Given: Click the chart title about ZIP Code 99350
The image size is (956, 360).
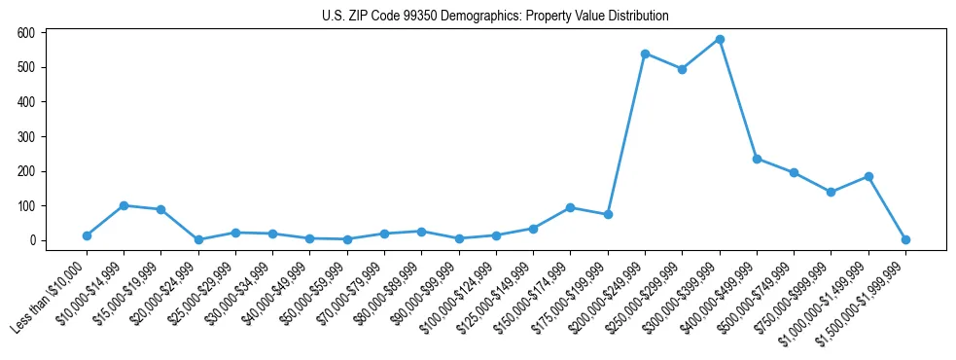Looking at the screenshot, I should click(x=495, y=17).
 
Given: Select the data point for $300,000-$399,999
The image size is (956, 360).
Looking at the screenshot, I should click(x=720, y=40).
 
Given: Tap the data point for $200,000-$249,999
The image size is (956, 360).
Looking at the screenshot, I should click(x=645, y=54).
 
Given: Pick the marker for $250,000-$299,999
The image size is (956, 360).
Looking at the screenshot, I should click(x=682, y=69).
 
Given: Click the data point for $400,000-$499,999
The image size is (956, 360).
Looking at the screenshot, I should click(x=757, y=159).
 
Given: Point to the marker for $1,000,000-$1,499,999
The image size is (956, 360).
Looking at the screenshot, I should click(x=868, y=176).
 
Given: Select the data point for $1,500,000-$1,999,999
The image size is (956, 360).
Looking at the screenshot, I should click(x=905, y=239).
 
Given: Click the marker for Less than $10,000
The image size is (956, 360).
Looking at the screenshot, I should click(x=87, y=235).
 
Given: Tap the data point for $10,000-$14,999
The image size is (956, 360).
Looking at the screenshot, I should click(x=124, y=205).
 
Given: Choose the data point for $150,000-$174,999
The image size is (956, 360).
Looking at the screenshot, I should click(x=570, y=207).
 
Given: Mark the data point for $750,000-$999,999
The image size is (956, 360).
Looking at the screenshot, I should click(x=831, y=192).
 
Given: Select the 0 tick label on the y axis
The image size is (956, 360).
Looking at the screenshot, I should click(x=33, y=240).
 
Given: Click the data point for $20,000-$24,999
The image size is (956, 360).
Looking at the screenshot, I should click(x=198, y=239).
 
